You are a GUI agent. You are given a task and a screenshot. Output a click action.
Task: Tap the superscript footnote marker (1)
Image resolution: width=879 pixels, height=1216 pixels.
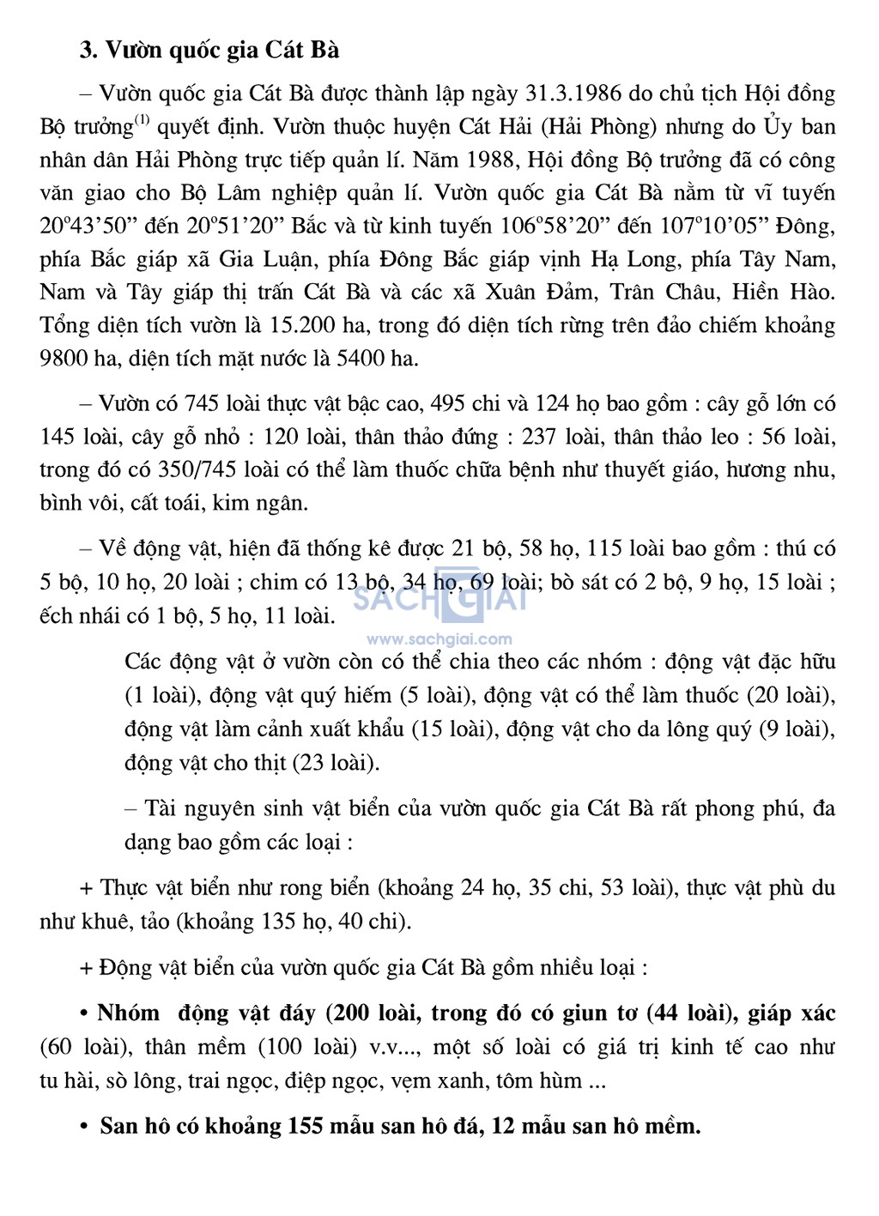(x=142, y=121)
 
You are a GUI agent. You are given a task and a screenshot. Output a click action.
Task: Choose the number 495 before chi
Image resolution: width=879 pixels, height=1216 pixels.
(x=450, y=404)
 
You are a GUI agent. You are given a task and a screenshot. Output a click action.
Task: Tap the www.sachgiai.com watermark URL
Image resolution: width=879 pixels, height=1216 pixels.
(x=439, y=639)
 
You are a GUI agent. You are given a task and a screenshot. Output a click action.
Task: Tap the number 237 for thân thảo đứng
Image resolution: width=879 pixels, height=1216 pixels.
(x=538, y=438)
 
